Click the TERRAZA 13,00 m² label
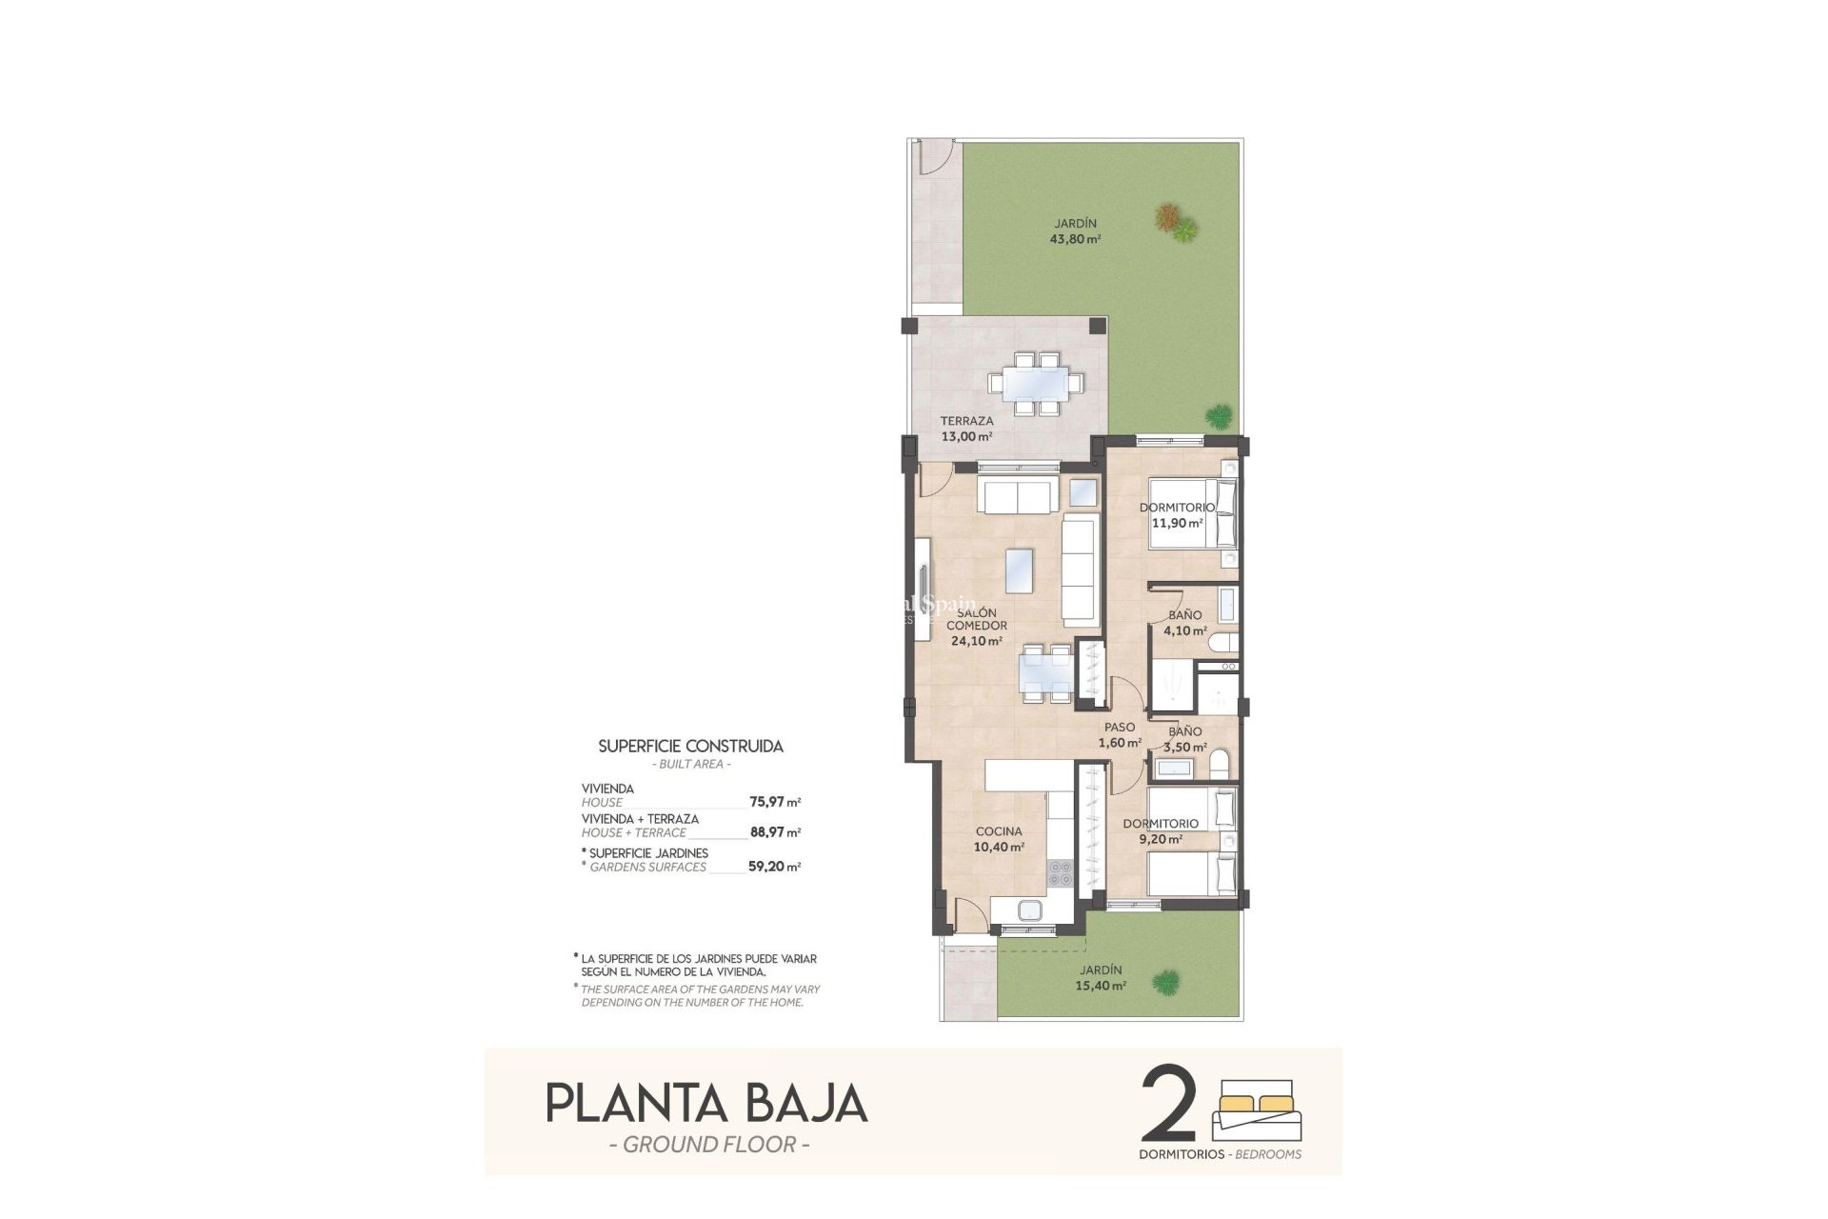966,429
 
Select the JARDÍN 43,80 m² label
1075,231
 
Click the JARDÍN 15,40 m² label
1101,978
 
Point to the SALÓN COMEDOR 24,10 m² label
976,627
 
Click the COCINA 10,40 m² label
999,839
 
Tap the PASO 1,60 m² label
1120,734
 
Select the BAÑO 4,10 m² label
1185,623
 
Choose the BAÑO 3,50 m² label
1185,739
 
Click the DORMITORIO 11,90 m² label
1177,515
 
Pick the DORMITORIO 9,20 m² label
1160,831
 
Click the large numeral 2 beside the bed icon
1167,1105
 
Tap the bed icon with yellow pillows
1258,1109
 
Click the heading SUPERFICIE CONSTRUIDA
690,747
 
